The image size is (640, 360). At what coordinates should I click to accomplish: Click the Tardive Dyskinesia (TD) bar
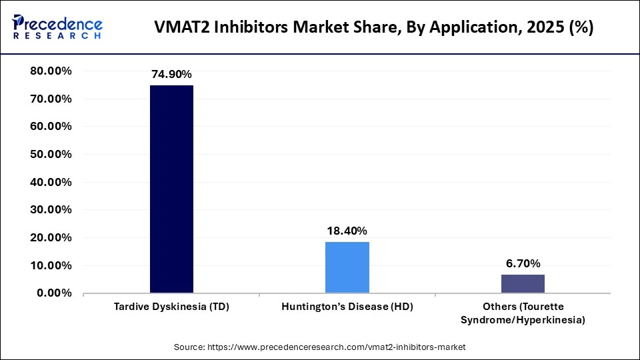coord(171,189)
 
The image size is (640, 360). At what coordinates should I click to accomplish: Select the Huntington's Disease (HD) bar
coord(347,267)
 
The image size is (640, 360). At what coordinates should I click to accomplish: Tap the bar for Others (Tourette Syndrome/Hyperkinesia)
coord(523,283)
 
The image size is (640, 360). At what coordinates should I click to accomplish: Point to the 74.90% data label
coord(171,75)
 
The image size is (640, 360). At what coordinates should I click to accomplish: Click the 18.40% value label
coord(347,231)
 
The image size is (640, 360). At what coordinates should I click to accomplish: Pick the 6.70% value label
coord(523,263)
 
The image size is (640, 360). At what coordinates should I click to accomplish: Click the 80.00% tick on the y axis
coord(52,71)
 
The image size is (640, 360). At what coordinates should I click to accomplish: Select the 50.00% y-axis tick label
coord(52,154)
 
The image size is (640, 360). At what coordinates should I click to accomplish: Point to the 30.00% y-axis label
coord(52,209)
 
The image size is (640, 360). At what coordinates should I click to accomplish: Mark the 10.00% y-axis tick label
coord(52,265)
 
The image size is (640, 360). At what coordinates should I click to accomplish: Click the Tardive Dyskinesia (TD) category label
coord(171,307)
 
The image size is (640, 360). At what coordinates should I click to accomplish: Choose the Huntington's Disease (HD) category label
coord(347,307)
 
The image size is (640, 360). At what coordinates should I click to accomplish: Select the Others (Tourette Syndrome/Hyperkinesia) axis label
coord(523,313)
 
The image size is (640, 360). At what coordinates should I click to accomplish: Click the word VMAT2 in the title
coord(180,28)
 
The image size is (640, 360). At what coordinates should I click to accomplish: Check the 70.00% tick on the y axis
coord(52,99)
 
